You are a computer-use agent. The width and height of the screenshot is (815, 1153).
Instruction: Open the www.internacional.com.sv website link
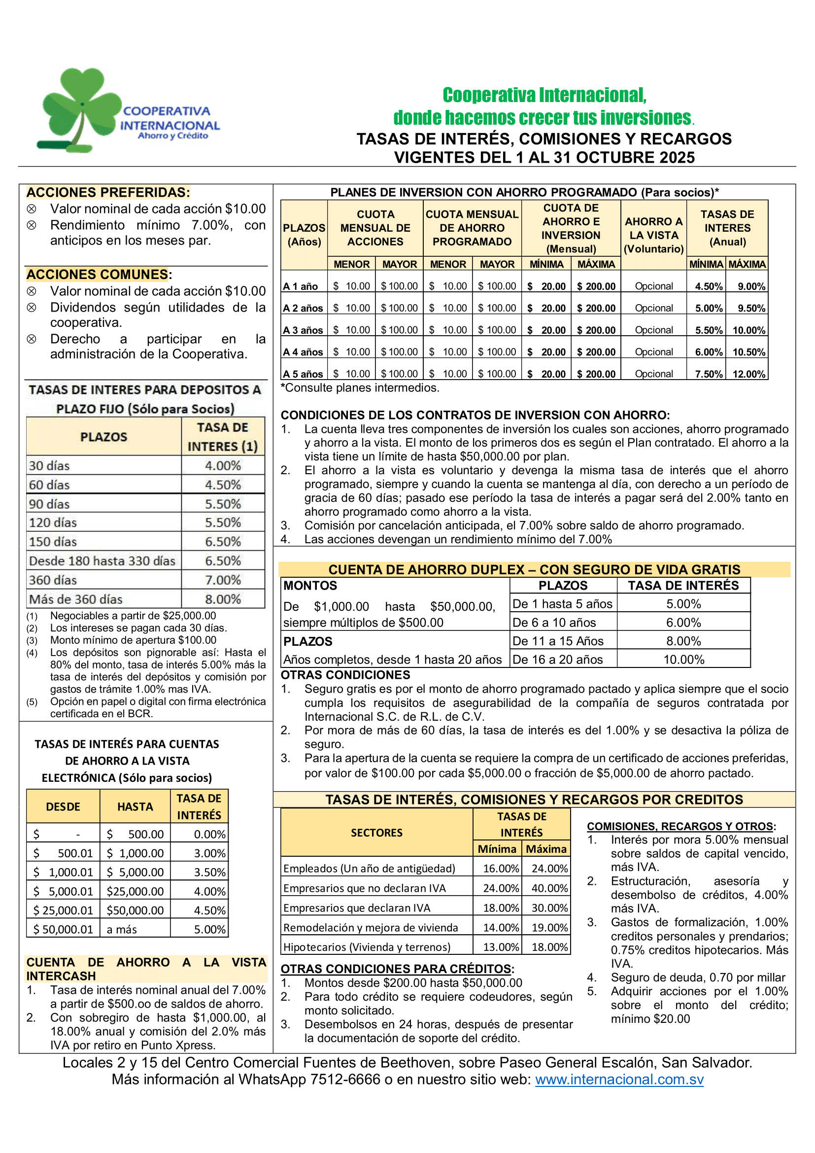[619, 1079]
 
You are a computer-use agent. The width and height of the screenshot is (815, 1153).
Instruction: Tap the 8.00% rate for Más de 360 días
[223, 599]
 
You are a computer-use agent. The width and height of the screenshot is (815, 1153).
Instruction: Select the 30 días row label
[49, 465]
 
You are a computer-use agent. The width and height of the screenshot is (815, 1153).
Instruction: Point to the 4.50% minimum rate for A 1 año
[709, 286]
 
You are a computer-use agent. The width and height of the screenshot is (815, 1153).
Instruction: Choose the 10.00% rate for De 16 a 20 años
[683, 660]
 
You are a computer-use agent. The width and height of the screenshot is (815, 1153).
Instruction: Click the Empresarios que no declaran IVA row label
[364, 888]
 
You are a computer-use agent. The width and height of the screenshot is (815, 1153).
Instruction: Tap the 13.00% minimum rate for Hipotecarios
[500, 947]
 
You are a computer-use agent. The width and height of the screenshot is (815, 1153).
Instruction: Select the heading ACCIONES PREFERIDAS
[108, 192]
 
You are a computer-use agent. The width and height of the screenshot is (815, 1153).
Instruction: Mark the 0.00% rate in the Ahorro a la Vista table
[210, 834]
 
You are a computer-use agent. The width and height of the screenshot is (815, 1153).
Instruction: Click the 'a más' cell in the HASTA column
[122, 930]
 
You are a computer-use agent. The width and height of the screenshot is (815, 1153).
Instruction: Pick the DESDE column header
[63, 806]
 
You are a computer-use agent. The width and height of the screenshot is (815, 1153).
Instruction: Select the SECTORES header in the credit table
[376, 833]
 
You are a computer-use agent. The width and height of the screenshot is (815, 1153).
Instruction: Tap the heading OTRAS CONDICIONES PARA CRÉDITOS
[397, 969]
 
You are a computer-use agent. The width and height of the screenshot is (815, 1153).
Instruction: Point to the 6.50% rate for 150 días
[223, 541]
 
